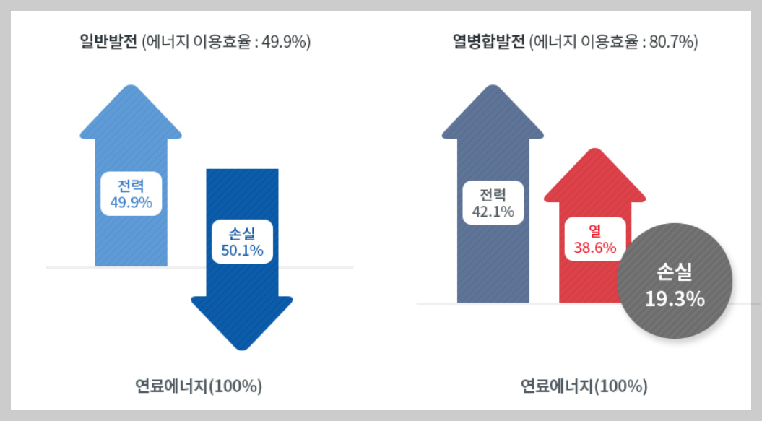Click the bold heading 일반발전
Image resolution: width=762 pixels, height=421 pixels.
109,42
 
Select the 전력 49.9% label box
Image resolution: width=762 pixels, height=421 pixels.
131,193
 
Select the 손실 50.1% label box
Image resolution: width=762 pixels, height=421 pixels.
241,241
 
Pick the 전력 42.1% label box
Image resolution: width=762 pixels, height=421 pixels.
493,203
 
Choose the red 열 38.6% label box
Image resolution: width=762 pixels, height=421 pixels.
594,239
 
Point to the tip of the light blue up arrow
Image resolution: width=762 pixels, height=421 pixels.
131,87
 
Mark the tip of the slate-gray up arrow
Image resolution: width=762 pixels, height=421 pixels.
493,87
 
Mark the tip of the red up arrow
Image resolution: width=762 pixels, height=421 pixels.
594,151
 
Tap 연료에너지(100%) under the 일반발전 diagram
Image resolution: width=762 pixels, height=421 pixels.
198,386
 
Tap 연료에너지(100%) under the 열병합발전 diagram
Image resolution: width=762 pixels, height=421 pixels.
584,386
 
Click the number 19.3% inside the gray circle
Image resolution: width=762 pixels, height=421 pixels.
675,298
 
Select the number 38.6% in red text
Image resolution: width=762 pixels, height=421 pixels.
594,248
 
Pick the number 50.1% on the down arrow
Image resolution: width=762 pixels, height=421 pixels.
241,250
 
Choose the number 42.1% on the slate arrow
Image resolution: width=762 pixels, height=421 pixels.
493,212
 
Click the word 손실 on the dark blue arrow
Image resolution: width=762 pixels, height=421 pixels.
241,233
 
